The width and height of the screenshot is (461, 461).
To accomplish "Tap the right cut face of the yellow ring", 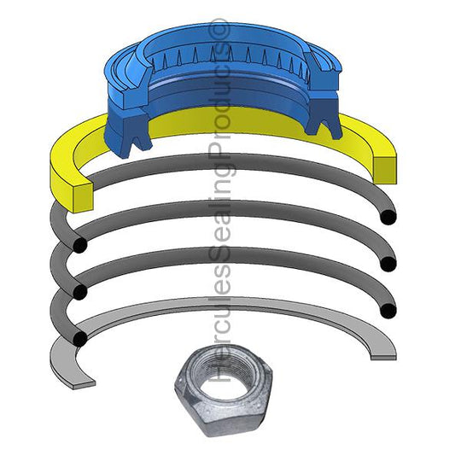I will [x=384, y=167].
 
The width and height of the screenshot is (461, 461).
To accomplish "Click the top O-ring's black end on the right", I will [x=388, y=218].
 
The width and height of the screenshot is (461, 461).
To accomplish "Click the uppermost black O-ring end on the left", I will [x=79, y=246].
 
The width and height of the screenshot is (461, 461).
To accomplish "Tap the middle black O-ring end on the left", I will [x=79, y=292].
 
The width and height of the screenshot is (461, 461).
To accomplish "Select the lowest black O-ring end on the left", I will [x=79, y=338].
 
